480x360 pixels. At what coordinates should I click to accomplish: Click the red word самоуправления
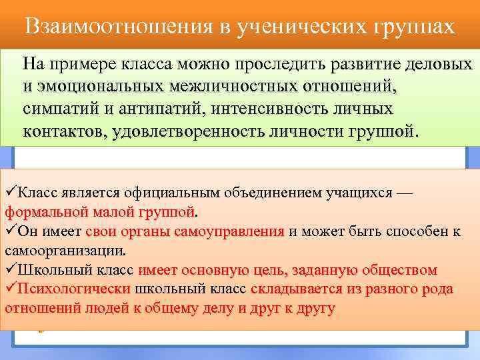pyautogui.click(x=229, y=232)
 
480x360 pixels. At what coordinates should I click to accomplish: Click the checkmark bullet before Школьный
pyautogui.click(x=10, y=271)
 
